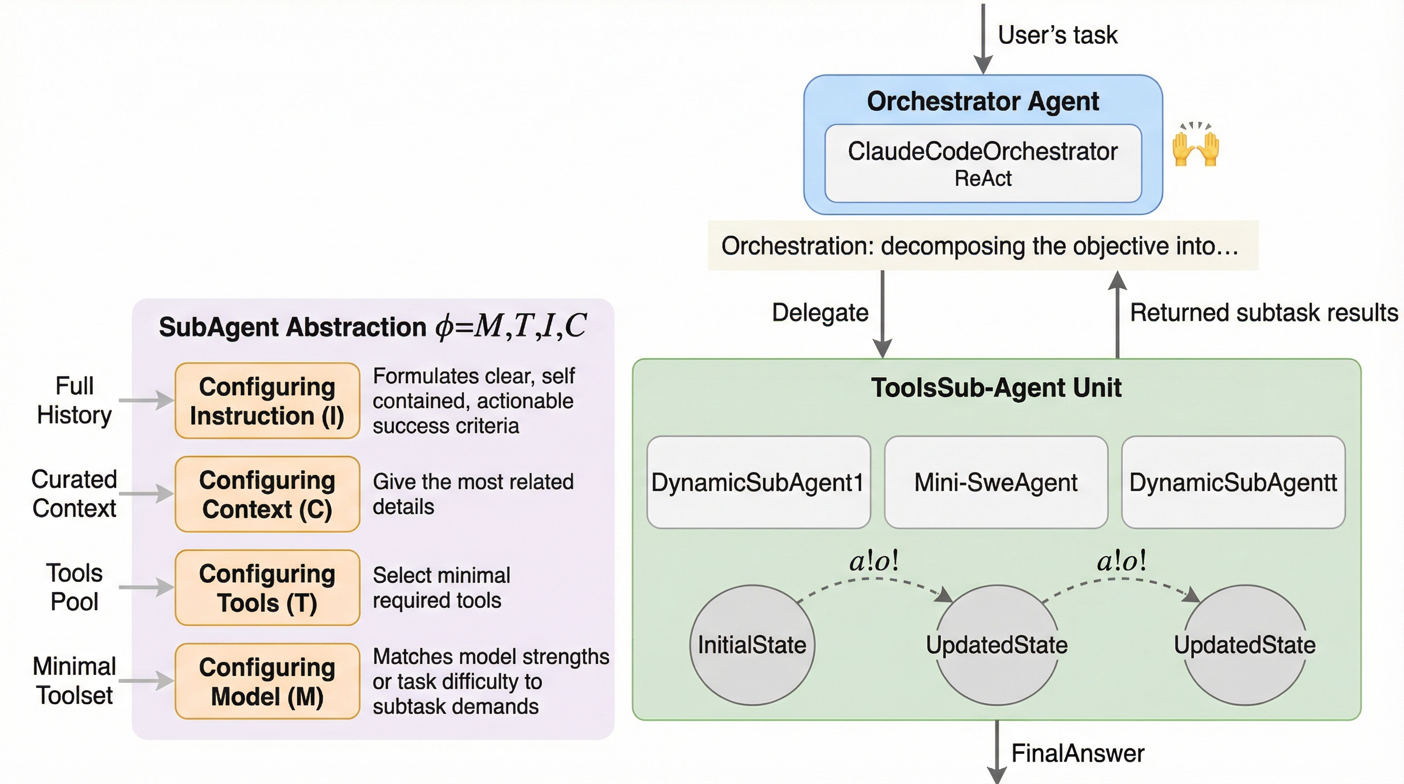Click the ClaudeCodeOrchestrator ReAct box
click(x=983, y=163)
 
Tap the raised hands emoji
click(x=1195, y=145)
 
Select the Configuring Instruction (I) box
click(x=267, y=401)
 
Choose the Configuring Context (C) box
click(x=267, y=494)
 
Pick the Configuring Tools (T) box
click(x=267, y=587)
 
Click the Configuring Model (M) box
click(x=267, y=681)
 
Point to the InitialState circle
click(x=752, y=645)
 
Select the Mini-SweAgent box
click(x=996, y=482)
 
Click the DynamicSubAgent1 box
click(x=758, y=482)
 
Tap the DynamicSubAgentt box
click(x=1233, y=482)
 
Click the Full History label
click(x=74, y=400)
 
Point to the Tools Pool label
click(x=74, y=587)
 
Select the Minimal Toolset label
click(x=74, y=680)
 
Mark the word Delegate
click(x=820, y=312)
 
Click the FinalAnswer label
click(x=1077, y=753)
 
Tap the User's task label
click(x=1058, y=35)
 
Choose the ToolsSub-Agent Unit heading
click(x=996, y=387)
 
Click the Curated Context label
click(x=74, y=494)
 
